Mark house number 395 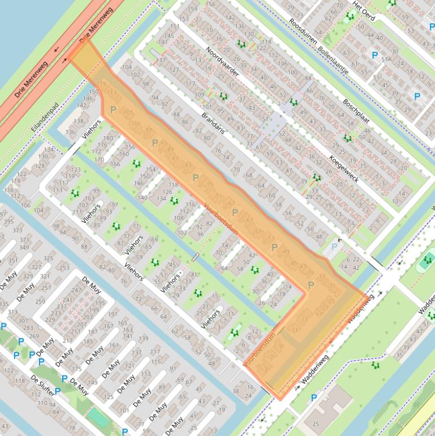click(8, 221)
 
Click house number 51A click(387, 59)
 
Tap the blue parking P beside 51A click(374, 55)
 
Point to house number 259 click(40, 301)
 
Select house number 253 click(64, 268)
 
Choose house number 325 click(48, 259)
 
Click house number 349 click(24, 247)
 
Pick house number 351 click(13, 261)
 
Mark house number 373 click(18, 230)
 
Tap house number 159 click(193, 9)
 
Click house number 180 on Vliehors click(108, 138)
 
